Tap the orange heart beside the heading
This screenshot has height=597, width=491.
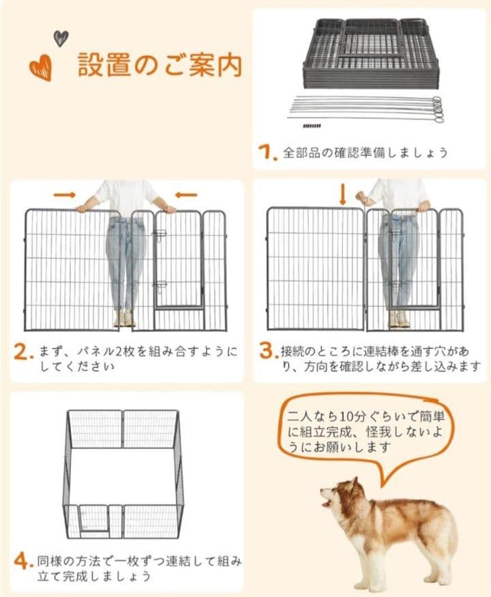[40, 68]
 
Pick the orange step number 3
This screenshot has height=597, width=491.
[267, 352]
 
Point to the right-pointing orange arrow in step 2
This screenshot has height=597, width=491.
[63, 195]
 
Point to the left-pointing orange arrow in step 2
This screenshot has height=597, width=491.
[185, 195]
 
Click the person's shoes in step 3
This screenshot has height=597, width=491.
[398, 319]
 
